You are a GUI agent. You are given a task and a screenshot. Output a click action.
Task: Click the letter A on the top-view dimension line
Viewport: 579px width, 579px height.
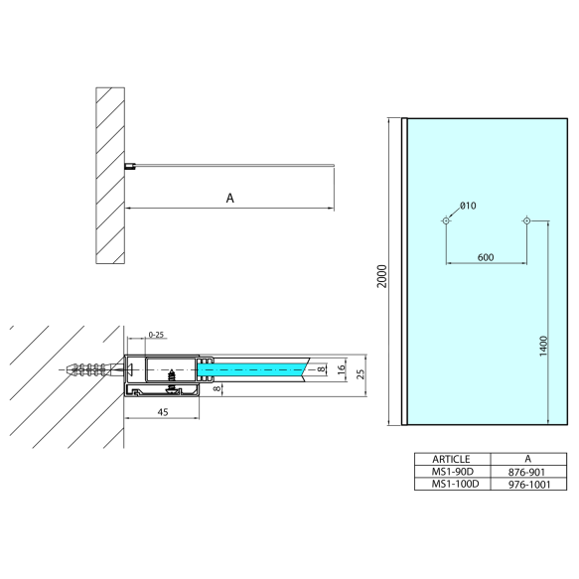point(229,199)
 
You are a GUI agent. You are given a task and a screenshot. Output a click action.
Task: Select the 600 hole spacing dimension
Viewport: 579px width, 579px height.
point(486,257)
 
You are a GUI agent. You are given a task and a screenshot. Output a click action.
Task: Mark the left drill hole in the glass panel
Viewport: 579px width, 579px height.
point(446,220)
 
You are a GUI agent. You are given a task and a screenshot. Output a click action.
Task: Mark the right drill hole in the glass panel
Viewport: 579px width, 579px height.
point(525,220)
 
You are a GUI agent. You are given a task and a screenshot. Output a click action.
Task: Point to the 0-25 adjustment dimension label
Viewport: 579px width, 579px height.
point(157,334)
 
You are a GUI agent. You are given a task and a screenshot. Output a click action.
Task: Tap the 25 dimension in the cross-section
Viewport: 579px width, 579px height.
point(361,373)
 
